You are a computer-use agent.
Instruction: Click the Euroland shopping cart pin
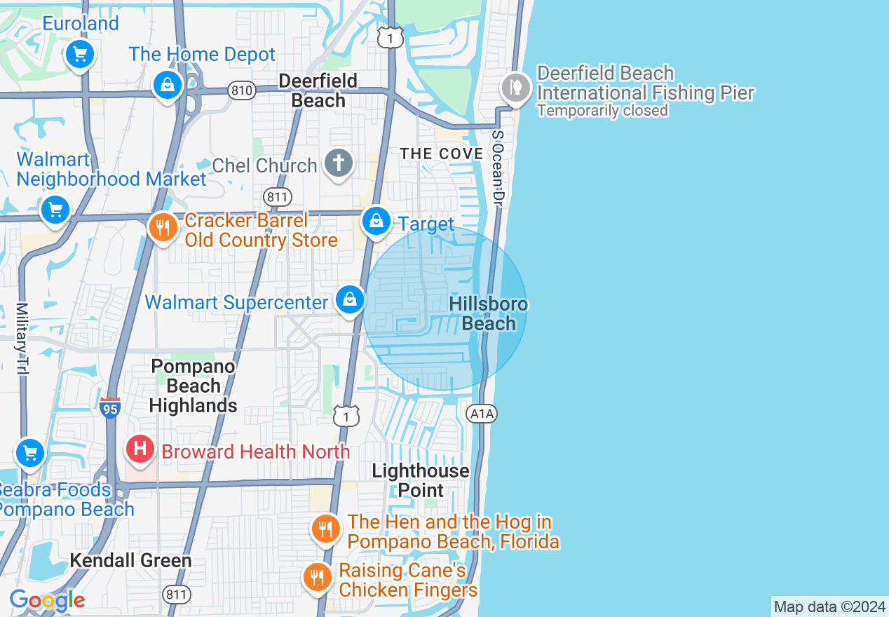pyautogui.click(x=79, y=54)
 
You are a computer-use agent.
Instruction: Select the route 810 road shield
pyautogui.click(x=241, y=90)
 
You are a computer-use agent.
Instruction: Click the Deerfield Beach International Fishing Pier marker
pyautogui.click(x=516, y=88)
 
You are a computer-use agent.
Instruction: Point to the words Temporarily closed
pyautogui.click(x=602, y=111)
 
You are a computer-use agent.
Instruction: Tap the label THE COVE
pyautogui.click(x=442, y=154)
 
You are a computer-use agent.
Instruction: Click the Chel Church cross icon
pyautogui.click(x=339, y=163)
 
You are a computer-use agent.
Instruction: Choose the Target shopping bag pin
pyautogui.click(x=376, y=221)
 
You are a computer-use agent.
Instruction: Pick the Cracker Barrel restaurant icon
pyautogui.click(x=163, y=228)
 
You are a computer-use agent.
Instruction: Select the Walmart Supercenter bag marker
pyautogui.click(x=350, y=300)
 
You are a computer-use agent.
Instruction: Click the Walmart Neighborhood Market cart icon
pyautogui.click(x=55, y=210)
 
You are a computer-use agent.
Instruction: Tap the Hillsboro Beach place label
pyautogui.click(x=489, y=313)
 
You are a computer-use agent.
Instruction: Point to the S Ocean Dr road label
pyautogui.click(x=498, y=168)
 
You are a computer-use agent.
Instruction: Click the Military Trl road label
pyautogui.click(x=22, y=339)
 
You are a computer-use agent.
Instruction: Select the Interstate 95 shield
pyautogui.click(x=110, y=407)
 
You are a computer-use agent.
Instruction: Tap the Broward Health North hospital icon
pyautogui.click(x=140, y=448)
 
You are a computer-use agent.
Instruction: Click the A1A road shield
pyautogui.click(x=482, y=414)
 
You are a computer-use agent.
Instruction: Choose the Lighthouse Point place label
pyautogui.click(x=421, y=480)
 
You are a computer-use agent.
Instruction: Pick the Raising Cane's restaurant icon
pyautogui.click(x=318, y=577)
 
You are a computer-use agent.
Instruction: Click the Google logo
pyautogui.click(x=47, y=600)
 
